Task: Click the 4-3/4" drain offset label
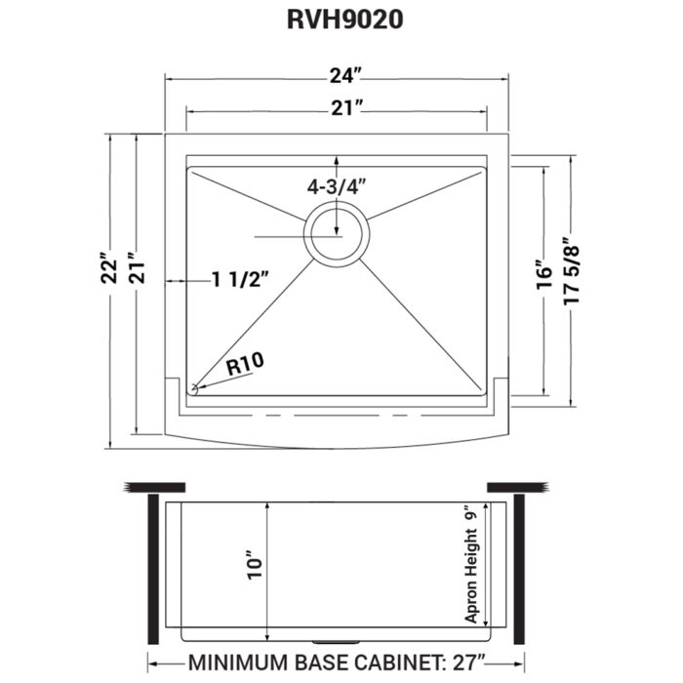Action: point(338,184)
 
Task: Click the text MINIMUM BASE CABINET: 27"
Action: point(336,661)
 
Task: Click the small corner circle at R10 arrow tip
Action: point(194,388)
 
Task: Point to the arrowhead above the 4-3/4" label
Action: point(338,160)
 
